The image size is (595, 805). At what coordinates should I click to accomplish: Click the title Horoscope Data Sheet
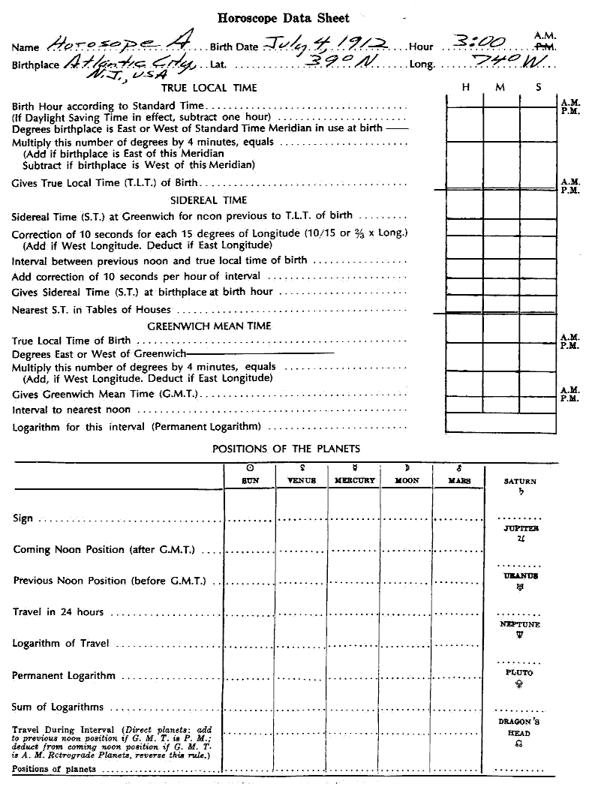pyautogui.click(x=283, y=18)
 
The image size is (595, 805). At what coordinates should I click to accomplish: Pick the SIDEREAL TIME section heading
pyautogui.click(x=209, y=200)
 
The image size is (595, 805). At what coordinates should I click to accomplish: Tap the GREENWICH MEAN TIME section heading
pyautogui.click(x=209, y=326)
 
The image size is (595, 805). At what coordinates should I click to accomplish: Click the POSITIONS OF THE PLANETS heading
pyautogui.click(x=286, y=449)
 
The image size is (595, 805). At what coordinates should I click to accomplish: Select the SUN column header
pyautogui.click(x=250, y=480)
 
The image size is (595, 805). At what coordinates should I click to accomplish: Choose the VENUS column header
pyautogui.click(x=302, y=480)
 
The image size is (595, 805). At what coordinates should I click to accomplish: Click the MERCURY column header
pyautogui.click(x=354, y=480)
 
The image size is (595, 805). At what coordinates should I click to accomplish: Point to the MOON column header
pyautogui.click(x=407, y=480)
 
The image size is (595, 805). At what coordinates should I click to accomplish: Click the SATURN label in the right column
pyautogui.click(x=520, y=482)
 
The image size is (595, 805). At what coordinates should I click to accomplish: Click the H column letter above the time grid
pyautogui.click(x=466, y=88)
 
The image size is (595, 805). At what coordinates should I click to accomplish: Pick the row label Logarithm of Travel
pyautogui.click(x=62, y=644)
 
